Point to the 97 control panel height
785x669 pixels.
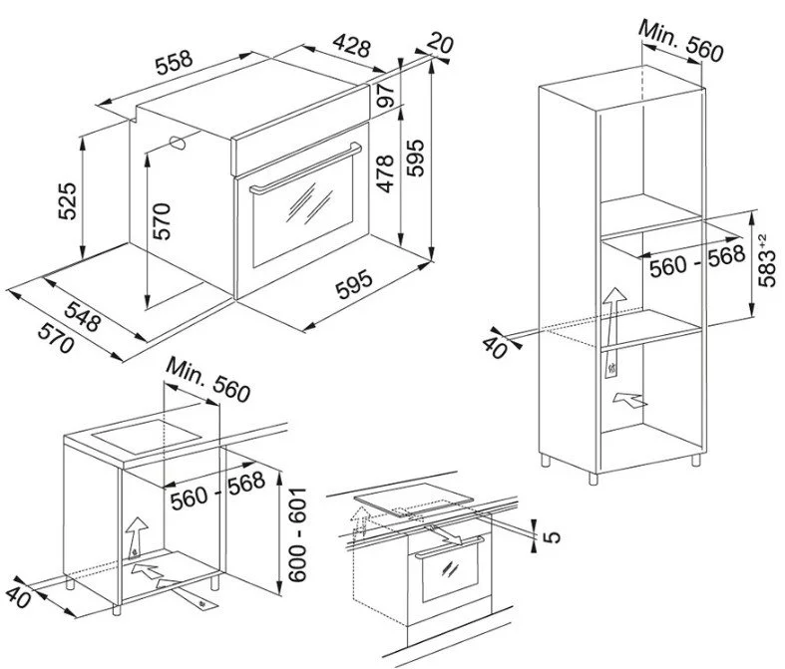(x=385, y=98)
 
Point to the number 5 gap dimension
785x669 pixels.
(x=554, y=535)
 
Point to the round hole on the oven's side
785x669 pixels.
(x=180, y=143)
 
